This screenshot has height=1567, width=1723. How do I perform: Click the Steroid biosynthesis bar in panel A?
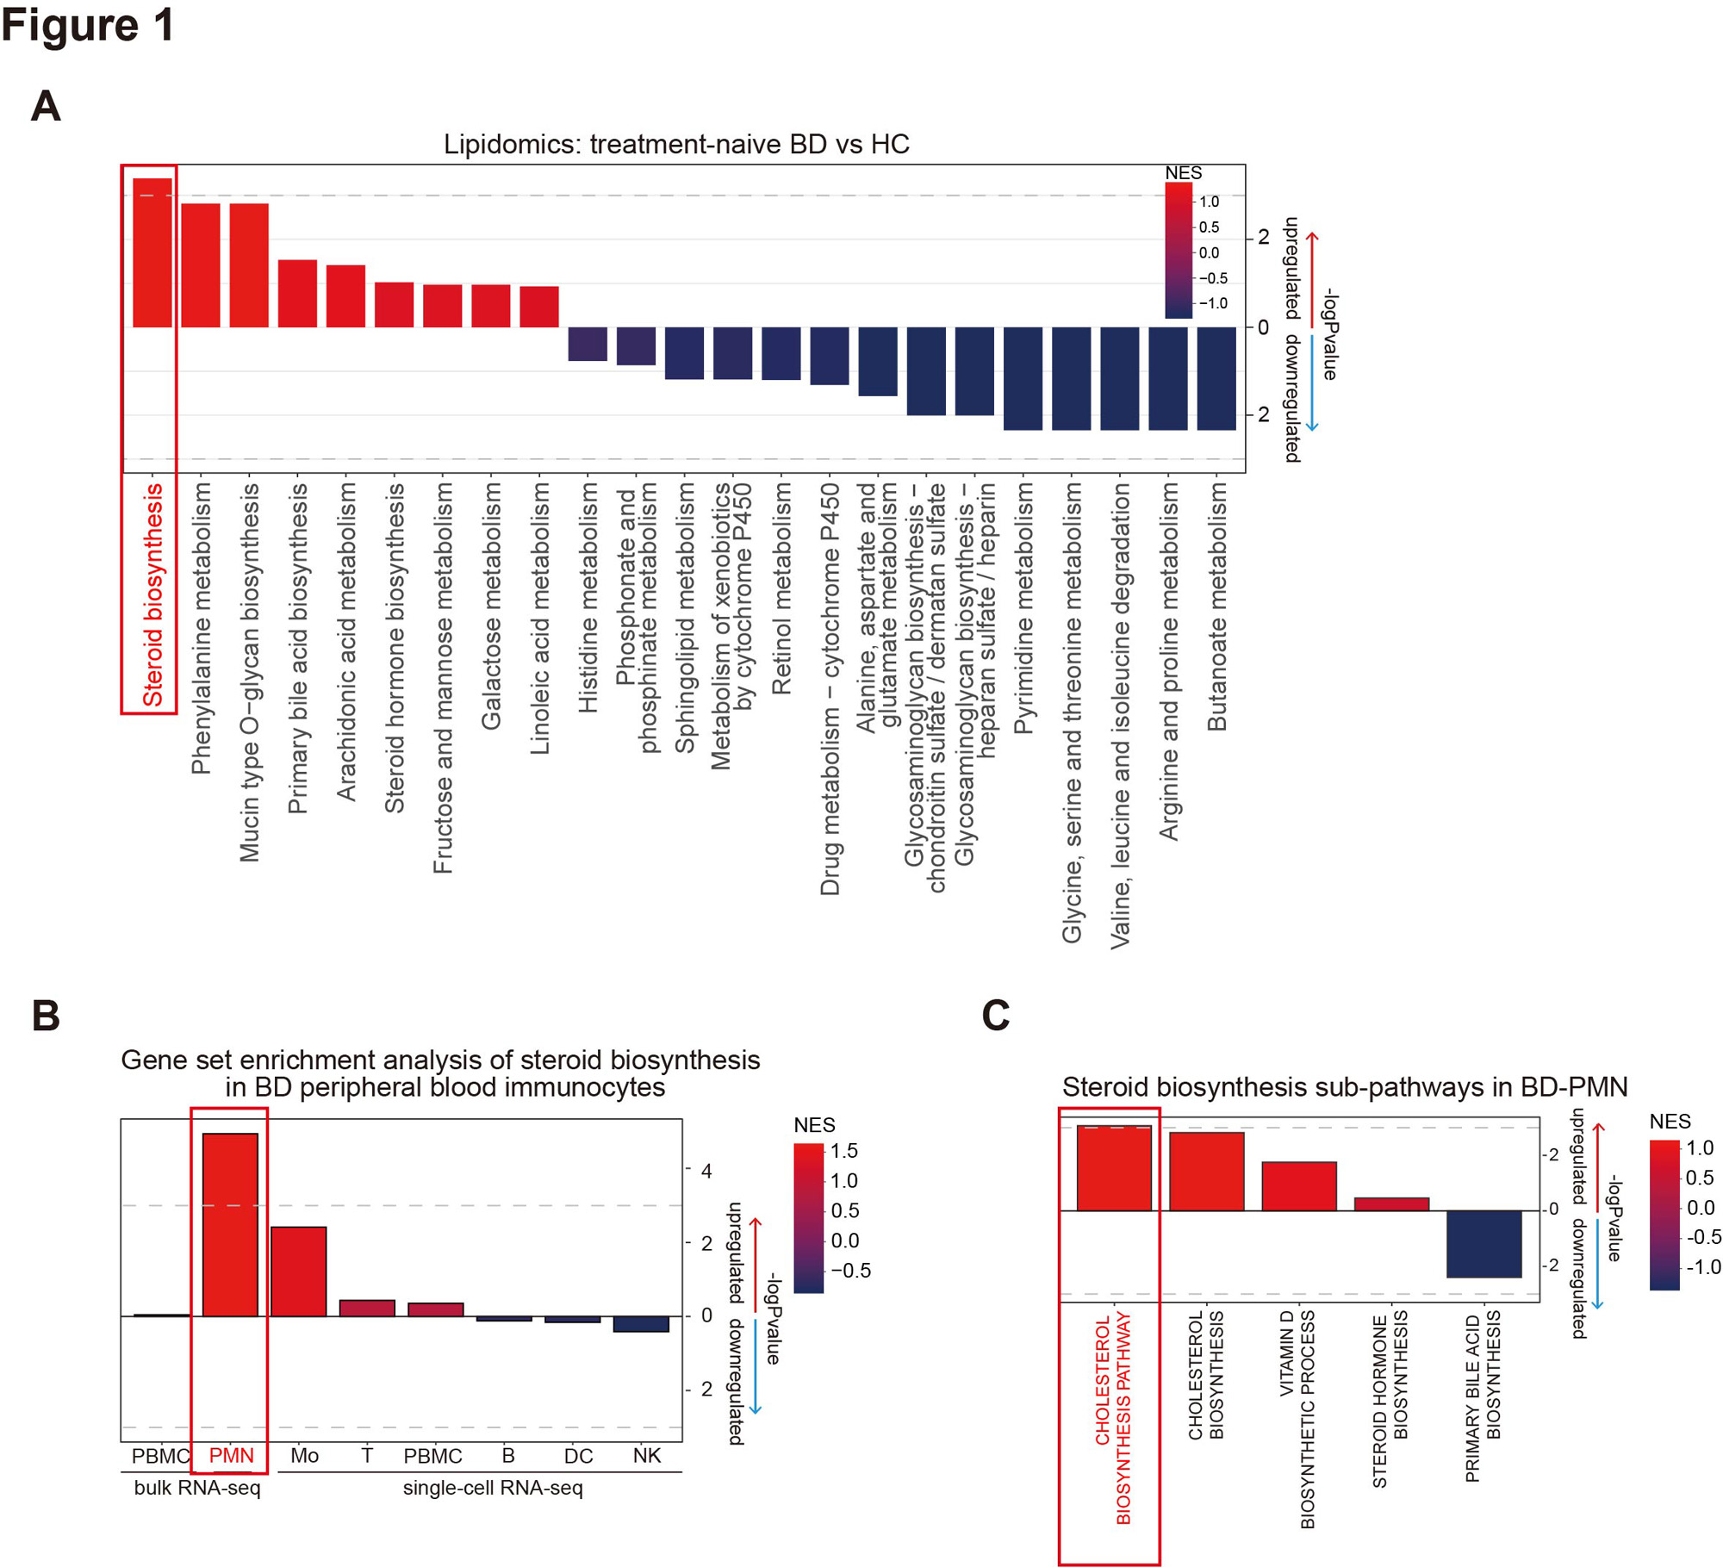pyautogui.click(x=152, y=252)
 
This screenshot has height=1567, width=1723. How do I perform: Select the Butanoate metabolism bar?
pyautogui.click(x=1216, y=378)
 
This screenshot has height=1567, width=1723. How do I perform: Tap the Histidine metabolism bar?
pyautogui.click(x=588, y=344)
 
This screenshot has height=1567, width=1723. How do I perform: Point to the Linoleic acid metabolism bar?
pyautogui.click(x=539, y=307)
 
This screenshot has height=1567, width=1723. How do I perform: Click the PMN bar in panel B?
pyautogui.click(x=230, y=1224)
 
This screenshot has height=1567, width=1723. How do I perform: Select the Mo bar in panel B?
pyautogui.click(x=298, y=1271)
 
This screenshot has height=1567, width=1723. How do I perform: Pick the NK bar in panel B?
pyautogui.click(x=641, y=1323)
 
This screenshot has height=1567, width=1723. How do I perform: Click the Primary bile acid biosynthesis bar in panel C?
pyautogui.click(x=1484, y=1243)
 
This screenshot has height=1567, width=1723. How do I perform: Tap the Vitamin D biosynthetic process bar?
pyautogui.click(x=1298, y=1185)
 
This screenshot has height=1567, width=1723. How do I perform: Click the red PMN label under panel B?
pyautogui.click(x=232, y=1455)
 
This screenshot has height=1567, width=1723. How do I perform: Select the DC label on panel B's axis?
pyautogui.click(x=578, y=1455)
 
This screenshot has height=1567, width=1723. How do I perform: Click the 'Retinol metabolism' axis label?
pyautogui.click(x=781, y=588)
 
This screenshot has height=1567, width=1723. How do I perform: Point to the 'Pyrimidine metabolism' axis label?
pyautogui.click(x=1023, y=607)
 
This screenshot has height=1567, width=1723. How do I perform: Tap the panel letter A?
pyautogui.click(x=46, y=107)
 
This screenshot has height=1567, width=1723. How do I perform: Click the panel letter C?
pyautogui.click(x=995, y=1015)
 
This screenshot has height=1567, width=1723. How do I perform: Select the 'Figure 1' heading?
pyautogui.click(x=88, y=25)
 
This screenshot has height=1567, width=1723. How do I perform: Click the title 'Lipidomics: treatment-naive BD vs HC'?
pyautogui.click(x=676, y=144)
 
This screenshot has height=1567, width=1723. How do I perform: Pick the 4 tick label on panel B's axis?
pyautogui.click(x=706, y=1170)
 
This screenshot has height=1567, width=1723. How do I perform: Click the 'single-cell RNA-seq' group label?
pyautogui.click(x=493, y=1488)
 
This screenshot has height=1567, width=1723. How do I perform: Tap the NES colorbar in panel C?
pyautogui.click(x=1664, y=1215)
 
